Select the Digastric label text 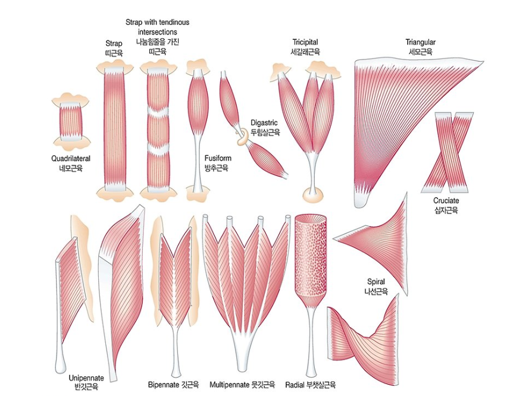[x=264, y=122]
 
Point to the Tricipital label [x=305, y=42]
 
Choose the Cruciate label [x=446, y=201]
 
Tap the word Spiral [x=376, y=282]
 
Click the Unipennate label [x=86, y=378]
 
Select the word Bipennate [x=164, y=384]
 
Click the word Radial [x=295, y=384]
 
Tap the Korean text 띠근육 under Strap [x=113, y=53]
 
